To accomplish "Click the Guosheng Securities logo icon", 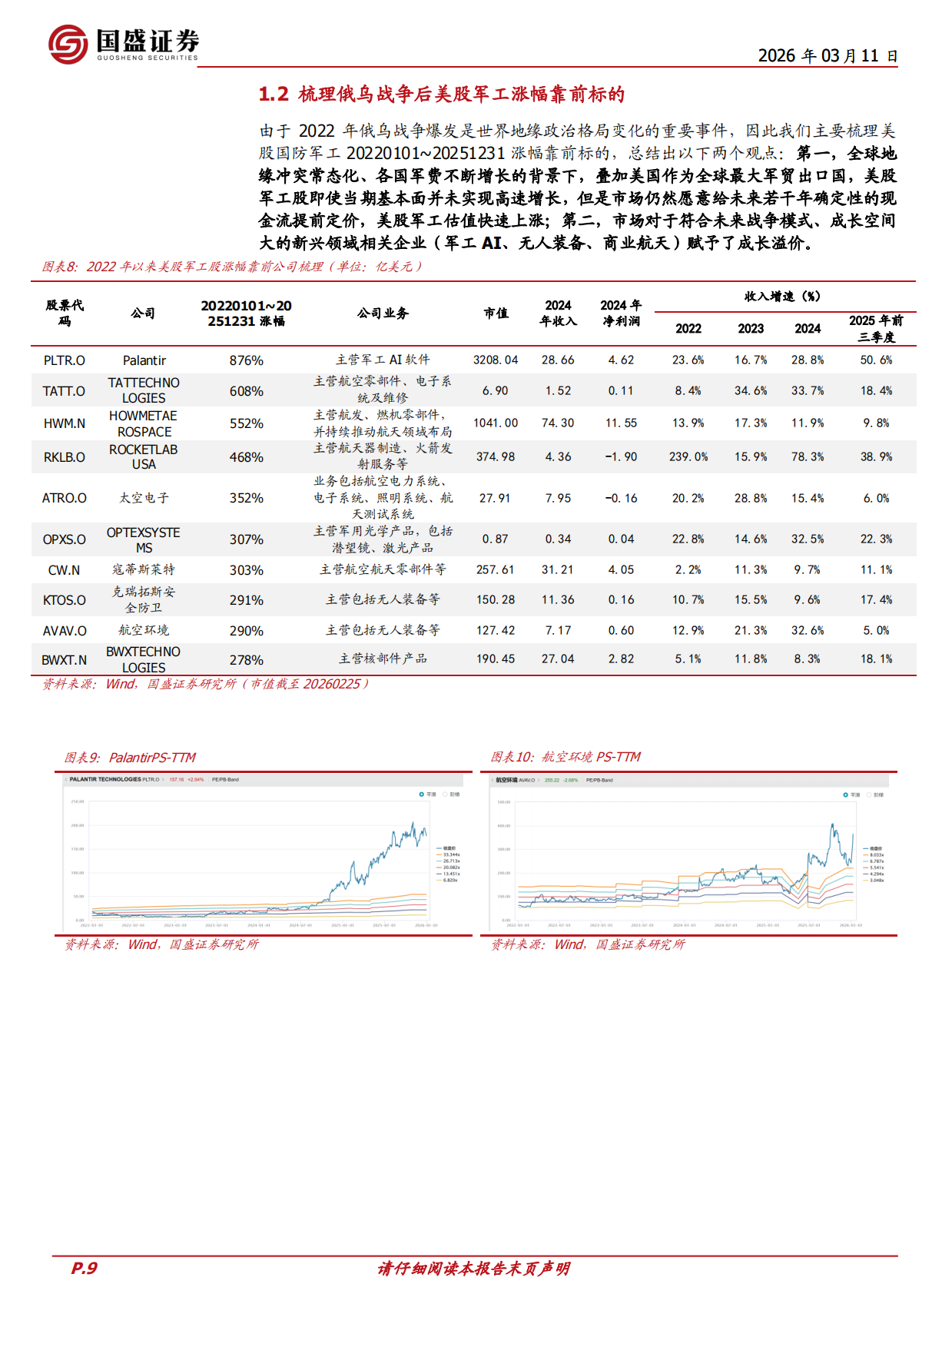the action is tap(68, 44).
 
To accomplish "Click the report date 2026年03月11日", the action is tap(828, 56).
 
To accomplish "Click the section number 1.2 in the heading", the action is tap(274, 95).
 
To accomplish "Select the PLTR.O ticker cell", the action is tap(65, 360).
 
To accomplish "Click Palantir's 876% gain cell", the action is tap(246, 360).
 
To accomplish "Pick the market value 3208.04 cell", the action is tap(496, 360).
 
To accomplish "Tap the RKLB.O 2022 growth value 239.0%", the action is tap(688, 457).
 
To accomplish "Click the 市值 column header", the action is tap(496, 314).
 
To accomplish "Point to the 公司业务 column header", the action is tap(383, 314).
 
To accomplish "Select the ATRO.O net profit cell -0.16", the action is tap(621, 499).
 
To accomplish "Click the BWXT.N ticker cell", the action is tap(65, 660).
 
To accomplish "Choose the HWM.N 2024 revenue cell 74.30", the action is tap(558, 423).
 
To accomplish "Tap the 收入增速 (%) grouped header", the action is tap(782, 297).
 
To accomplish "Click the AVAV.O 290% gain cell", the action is tap(246, 631).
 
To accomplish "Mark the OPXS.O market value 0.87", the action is tap(496, 539).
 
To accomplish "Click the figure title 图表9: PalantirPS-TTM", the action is tap(130, 758).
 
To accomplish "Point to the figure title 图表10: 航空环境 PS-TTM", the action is tap(566, 758).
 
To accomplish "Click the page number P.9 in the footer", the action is tap(85, 1269).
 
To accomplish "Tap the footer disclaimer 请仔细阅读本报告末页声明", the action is tap(474, 1269).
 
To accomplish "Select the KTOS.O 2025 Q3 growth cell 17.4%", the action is tap(876, 600).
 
